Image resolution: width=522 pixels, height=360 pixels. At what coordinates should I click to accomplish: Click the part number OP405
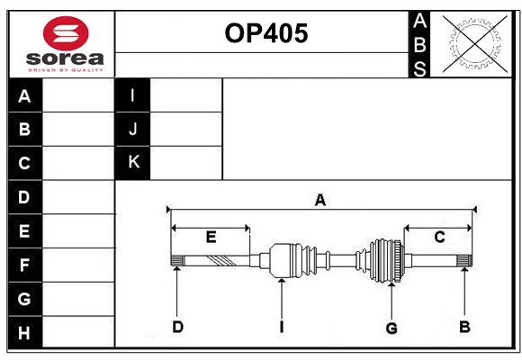click(x=266, y=33)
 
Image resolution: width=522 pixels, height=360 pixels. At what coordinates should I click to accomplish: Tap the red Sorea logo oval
click(x=66, y=33)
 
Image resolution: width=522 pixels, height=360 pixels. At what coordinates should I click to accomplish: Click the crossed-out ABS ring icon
click(x=475, y=44)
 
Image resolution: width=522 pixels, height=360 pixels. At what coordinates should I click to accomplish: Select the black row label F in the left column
click(x=25, y=265)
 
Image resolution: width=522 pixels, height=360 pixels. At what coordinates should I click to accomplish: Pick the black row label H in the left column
click(x=25, y=332)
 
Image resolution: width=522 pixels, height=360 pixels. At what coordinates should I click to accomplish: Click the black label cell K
click(x=132, y=163)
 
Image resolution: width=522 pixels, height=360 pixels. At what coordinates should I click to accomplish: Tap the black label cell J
click(x=132, y=129)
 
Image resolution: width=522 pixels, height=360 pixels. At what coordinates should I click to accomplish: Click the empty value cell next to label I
click(x=185, y=95)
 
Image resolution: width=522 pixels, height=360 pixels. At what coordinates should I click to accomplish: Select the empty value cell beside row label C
click(x=78, y=163)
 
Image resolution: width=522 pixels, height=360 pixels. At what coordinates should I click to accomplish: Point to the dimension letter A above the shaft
click(x=319, y=200)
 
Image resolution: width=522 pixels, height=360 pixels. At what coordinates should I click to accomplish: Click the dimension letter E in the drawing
click(x=211, y=237)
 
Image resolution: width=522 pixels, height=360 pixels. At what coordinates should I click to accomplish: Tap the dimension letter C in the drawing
click(x=439, y=237)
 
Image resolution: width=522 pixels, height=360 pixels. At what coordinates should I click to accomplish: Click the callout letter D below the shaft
click(x=178, y=327)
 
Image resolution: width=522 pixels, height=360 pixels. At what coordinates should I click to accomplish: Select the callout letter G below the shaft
click(x=391, y=328)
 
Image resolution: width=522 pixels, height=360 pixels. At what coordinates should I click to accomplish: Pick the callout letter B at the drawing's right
click(x=464, y=327)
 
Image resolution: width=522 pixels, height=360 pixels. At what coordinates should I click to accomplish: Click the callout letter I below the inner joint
click(x=282, y=327)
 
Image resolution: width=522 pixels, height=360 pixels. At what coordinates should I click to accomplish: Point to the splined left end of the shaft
click(x=176, y=261)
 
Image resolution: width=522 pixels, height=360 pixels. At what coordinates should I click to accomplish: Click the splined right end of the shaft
click(x=464, y=261)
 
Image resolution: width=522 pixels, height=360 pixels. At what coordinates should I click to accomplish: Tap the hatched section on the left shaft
click(x=221, y=261)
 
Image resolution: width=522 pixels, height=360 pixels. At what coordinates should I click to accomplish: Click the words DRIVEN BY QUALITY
click(x=66, y=70)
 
